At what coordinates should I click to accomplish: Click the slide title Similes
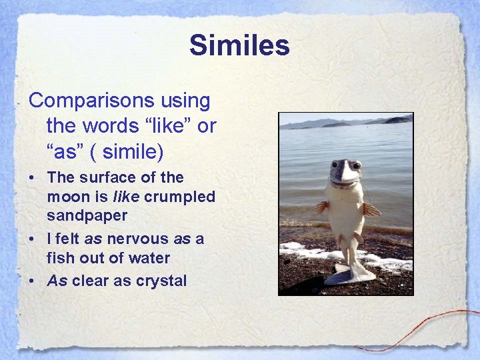tap(239, 46)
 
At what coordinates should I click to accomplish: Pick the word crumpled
tap(179, 197)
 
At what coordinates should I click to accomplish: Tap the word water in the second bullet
tap(149, 258)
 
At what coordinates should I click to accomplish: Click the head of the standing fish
tap(345, 173)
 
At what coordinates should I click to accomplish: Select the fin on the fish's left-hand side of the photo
tap(323, 207)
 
